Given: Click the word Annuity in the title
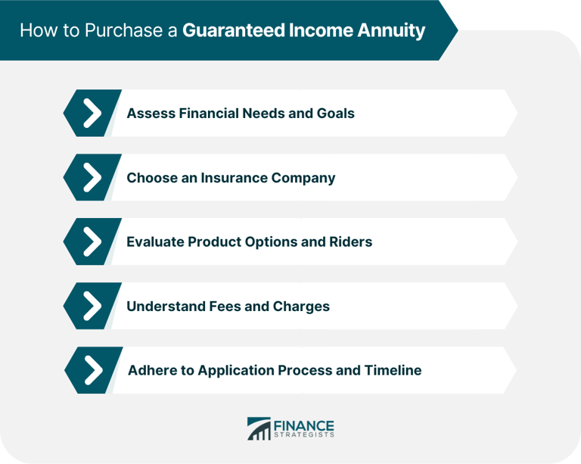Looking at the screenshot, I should click(392, 31).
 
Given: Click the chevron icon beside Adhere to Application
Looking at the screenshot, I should click(92, 370).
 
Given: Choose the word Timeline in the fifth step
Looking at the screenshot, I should click(391, 370).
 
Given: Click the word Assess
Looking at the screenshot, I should click(149, 114).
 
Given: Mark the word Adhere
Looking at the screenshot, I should click(150, 370).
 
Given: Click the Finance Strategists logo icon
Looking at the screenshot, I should click(258, 428).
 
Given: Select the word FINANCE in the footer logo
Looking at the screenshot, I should click(305, 425).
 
